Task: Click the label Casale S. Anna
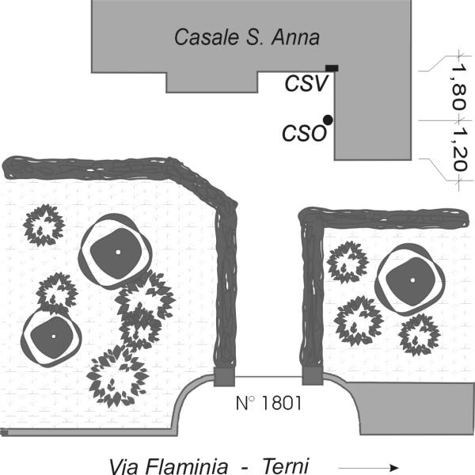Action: [x=247, y=37]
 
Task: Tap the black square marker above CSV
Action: [x=332, y=68]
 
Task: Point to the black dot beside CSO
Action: [x=328, y=120]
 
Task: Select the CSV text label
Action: [x=306, y=83]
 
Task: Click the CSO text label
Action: [x=305, y=133]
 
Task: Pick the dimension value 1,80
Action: [x=458, y=87]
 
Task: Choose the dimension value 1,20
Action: [x=459, y=150]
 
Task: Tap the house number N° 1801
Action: [x=268, y=403]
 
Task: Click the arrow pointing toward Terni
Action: [x=368, y=467]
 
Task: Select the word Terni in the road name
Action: [x=286, y=466]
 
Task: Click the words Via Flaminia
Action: [x=169, y=466]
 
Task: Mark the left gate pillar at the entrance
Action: [x=224, y=377]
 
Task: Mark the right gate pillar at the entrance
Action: [x=313, y=376]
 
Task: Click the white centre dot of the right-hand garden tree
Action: [x=412, y=280]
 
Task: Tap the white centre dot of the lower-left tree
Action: [x=54, y=336]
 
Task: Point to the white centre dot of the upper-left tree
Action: [x=118, y=252]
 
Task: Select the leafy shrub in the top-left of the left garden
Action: [x=44, y=225]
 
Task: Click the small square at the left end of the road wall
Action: [x=4, y=432]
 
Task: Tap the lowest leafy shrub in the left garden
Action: [x=117, y=377]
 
